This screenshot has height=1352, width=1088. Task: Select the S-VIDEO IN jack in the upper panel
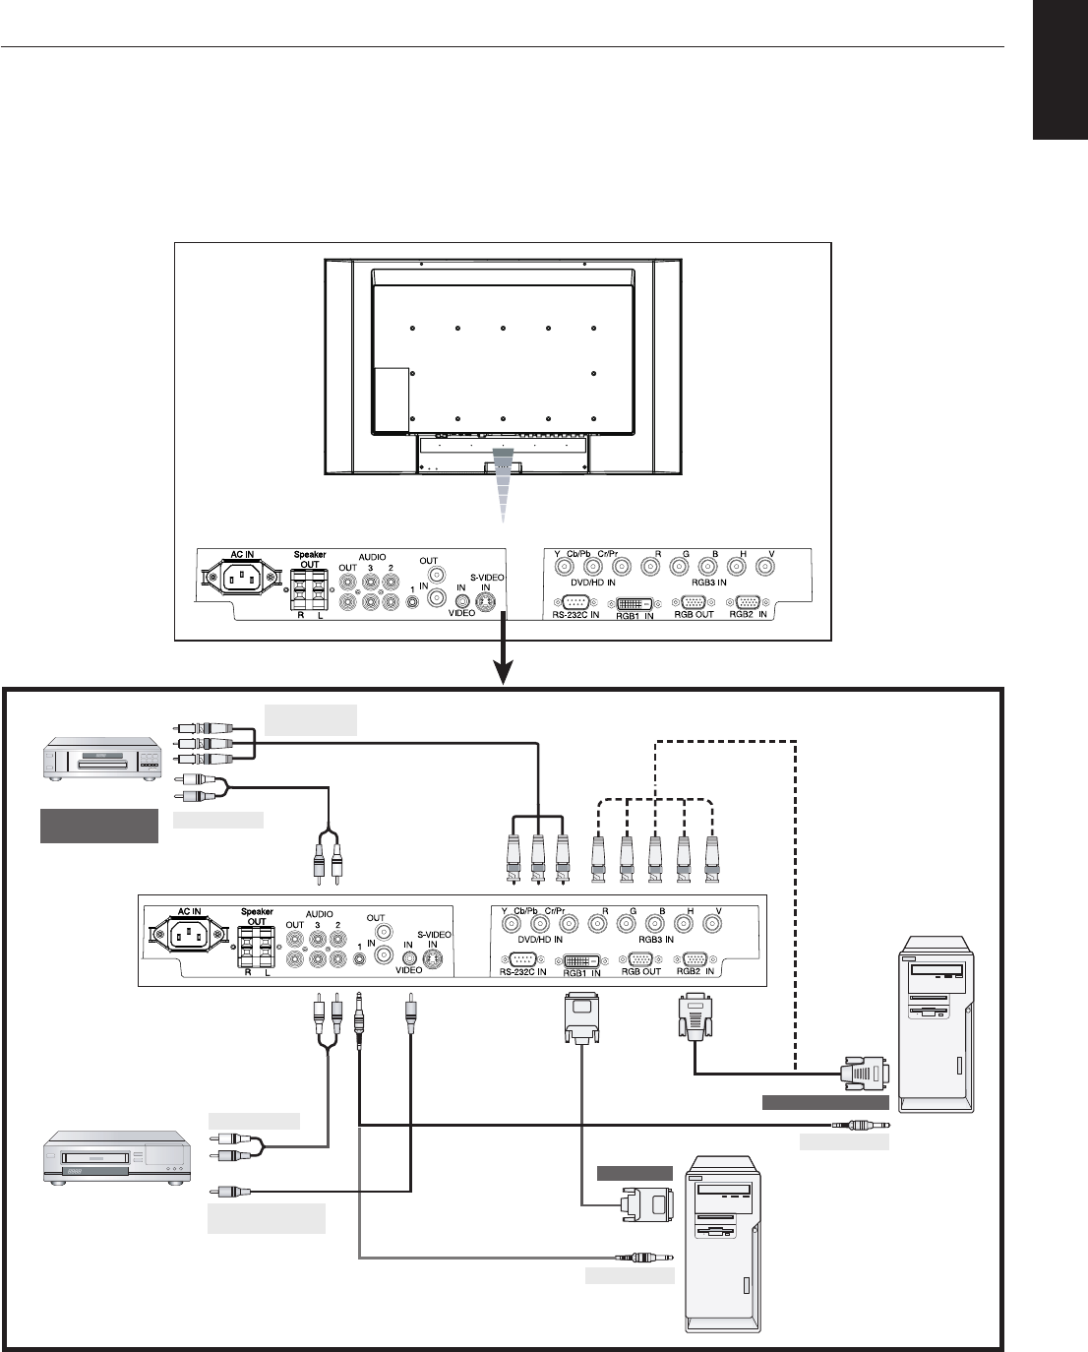coord(484,602)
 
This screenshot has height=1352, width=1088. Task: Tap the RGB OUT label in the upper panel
coord(695,615)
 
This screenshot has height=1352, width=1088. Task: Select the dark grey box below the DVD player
coord(98,826)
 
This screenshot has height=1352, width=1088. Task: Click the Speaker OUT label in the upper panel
coord(310,559)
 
